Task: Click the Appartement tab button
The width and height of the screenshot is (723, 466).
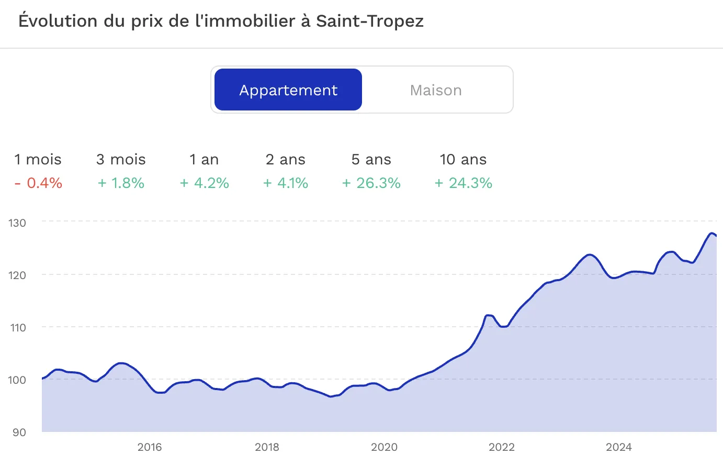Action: (288, 90)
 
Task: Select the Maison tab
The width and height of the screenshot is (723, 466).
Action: (436, 90)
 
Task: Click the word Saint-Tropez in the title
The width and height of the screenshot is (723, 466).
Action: (369, 21)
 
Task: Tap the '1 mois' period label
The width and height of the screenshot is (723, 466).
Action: (38, 159)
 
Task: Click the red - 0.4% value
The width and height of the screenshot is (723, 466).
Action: (38, 183)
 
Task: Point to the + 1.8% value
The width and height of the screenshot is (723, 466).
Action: (121, 183)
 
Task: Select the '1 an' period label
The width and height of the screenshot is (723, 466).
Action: (204, 159)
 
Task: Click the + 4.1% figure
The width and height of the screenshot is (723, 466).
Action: (286, 183)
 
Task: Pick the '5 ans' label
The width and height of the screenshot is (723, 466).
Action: (371, 159)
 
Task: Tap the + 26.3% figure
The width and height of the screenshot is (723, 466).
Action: (371, 183)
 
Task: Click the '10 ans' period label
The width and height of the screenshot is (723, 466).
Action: (463, 159)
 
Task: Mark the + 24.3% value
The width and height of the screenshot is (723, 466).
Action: (464, 183)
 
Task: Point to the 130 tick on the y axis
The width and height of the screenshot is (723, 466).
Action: (17, 223)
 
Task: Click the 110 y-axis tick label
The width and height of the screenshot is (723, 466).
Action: (17, 327)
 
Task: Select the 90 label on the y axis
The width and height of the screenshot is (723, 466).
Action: (19, 432)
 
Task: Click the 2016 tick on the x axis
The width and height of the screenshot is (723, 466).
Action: (150, 447)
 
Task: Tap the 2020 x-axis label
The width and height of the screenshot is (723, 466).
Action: (384, 447)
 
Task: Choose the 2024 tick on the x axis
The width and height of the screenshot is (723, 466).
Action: (619, 447)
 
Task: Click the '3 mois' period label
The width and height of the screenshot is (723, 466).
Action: (121, 159)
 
